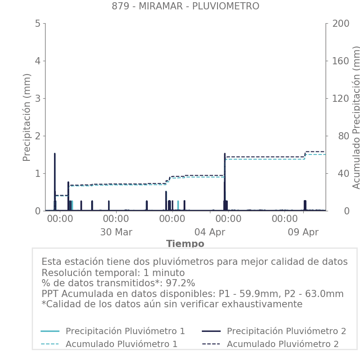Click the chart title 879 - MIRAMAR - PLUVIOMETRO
point(185,6)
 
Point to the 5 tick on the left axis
point(38,23)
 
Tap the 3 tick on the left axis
point(38,98)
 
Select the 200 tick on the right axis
point(340,23)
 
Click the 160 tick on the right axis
point(340,61)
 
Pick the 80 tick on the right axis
point(337,136)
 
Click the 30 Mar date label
point(116,232)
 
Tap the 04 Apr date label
point(210,232)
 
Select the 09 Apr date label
point(303,232)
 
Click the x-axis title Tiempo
point(185,244)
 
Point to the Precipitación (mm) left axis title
point(27,117)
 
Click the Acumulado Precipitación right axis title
point(356,117)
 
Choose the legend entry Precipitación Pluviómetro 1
point(125,331)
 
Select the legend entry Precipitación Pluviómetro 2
point(286,331)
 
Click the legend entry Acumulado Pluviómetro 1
point(121,344)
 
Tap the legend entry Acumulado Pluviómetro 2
point(283,344)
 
